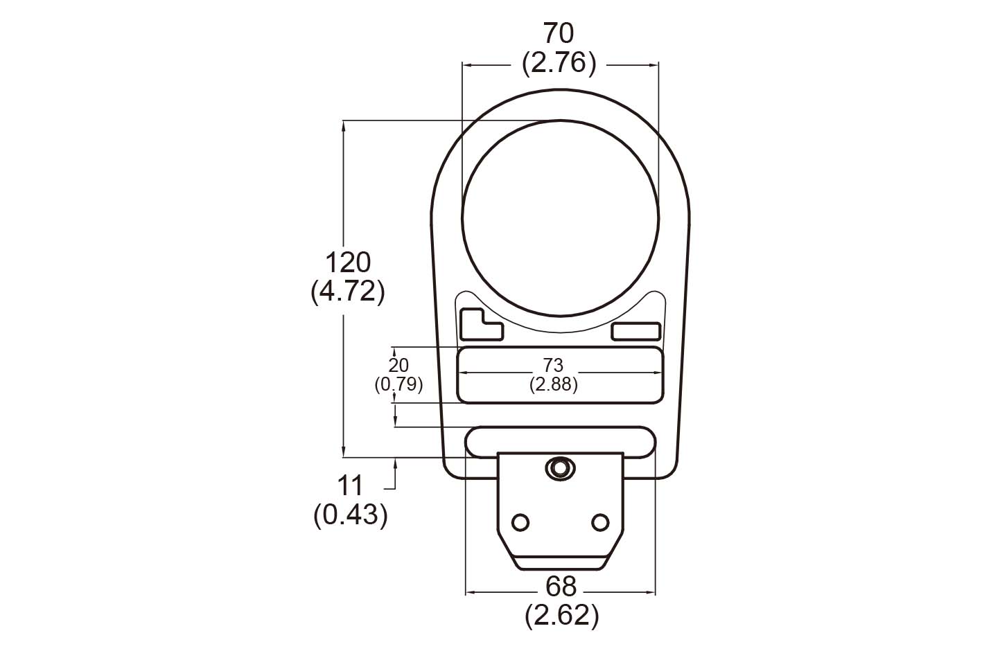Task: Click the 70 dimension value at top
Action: (559, 33)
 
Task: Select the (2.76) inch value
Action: (559, 64)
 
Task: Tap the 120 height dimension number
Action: (348, 262)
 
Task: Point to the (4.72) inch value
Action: (348, 292)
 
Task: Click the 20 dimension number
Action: (398, 366)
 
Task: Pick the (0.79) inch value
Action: (398, 385)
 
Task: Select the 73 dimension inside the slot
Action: (553, 365)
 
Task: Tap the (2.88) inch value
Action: (554, 385)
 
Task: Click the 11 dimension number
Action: (351, 485)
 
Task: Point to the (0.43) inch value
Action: (351, 515)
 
